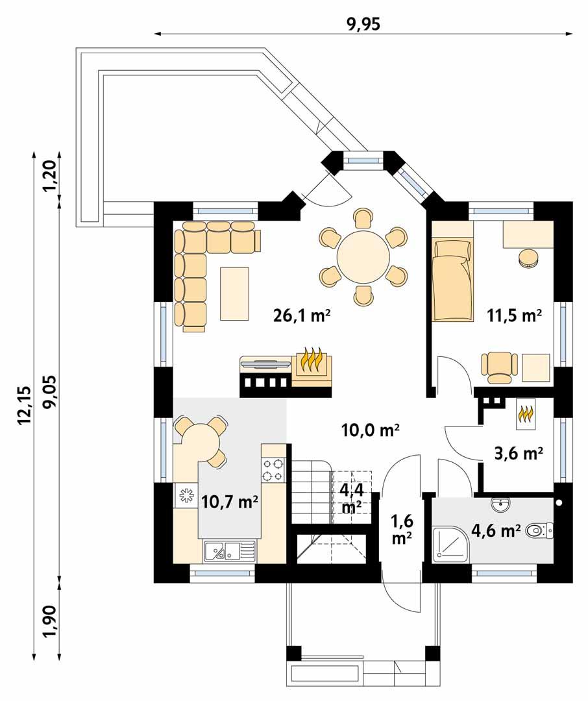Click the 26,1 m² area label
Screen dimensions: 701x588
pyautogui.click(x=302, y=316)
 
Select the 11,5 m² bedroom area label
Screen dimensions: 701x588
pyautogui.click(x=515, y=316)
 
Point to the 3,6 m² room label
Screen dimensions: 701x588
pyautogui.click(x=519, y=453)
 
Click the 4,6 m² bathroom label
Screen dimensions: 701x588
pyautogui.click(x=496, y=531)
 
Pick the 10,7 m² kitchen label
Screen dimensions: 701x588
pyautogui.click(x=230, y=501)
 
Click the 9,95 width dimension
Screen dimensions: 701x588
pyautogui.click(x=363, y=24)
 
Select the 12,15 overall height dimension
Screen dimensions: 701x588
pyautogui.click(x=24, y=406)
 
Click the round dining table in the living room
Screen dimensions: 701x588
pyautogui.click(x=363, y=256)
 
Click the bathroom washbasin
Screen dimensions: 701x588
pyautogui.click(x=500, y=504)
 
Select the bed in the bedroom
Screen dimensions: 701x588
pyautogui.click(x=452, y=279)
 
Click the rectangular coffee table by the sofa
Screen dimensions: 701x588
pyautogui.click(x=234, y=293)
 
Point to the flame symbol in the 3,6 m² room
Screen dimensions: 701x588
pyautogui.click(x=525, y=414)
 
